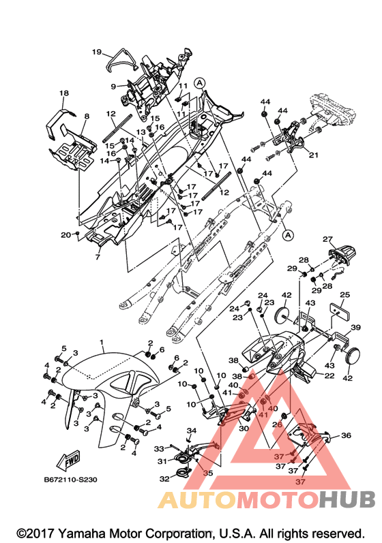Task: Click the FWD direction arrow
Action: coord(69,460)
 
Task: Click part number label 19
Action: coord(97,52)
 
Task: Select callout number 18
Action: coord(64,93)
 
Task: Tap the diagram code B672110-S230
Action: coord(70,480)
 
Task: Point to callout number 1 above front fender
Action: coord(102,342)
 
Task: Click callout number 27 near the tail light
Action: coord(327,239)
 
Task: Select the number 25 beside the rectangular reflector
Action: coord(344,295)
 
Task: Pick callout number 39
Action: coord(355,327)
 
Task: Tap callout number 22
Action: coord(329,375)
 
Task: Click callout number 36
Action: coord(346,435)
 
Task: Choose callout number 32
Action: coord(164,478)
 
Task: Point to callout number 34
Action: coord(192,431)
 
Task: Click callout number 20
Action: coord(66,235)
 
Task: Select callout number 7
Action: coord(98,257)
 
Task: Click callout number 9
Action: coord(113,87)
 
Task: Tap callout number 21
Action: coord(313,155)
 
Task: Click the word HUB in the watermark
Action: coord(347,499)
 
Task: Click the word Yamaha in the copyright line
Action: coord(83,533)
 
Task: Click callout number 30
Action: coord(244,428)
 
